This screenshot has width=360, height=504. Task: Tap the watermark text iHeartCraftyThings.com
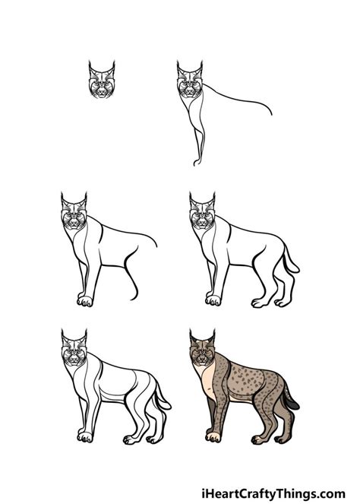coord(279,493)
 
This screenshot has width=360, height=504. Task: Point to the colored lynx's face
coord(201,357)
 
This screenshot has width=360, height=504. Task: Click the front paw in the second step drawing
coord(196,162)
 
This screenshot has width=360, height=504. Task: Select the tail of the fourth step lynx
coord(290,263)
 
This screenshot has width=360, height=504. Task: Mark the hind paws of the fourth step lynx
coord(266,303)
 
